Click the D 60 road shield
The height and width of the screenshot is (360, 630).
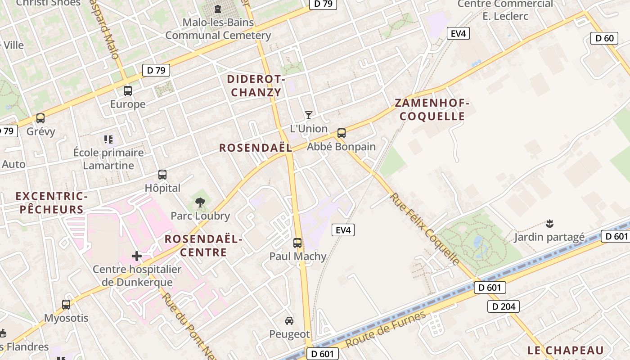604,38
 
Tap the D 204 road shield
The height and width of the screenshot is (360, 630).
504,307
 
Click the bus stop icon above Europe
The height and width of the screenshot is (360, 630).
128,91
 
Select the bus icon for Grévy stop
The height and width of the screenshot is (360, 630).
40,118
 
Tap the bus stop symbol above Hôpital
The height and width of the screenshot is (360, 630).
162,175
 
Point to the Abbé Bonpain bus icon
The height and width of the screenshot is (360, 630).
342,133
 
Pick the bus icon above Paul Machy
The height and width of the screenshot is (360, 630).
297,243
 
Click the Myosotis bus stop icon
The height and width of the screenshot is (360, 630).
66,305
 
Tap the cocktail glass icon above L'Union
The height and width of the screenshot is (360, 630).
308,115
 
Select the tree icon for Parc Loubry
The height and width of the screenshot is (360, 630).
200,202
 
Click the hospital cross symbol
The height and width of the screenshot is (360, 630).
137,256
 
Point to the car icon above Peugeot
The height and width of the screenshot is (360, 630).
289,321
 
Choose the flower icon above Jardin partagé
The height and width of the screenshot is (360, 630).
549,223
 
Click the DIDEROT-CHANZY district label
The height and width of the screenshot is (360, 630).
256,86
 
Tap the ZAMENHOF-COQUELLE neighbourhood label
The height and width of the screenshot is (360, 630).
432,109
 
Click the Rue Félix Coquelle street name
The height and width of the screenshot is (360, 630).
425,229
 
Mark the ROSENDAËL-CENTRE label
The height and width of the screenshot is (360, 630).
203,245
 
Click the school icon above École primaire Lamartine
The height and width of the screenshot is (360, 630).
108,139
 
